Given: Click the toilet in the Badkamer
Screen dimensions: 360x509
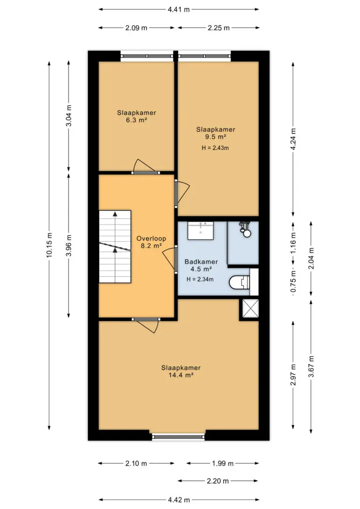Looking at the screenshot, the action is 240,282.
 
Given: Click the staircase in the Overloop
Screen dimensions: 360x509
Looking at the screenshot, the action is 115,247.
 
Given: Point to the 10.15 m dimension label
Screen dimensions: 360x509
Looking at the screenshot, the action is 49,246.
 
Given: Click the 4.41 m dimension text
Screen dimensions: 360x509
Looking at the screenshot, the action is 179,9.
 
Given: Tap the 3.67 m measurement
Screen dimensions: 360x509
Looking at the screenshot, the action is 311,367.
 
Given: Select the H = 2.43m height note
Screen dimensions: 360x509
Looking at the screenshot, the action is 215,148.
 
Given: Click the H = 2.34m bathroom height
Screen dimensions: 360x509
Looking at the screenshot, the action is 200,279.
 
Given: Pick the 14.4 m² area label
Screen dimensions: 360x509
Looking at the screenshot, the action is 181,375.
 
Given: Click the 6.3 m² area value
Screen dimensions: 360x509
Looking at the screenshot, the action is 137,120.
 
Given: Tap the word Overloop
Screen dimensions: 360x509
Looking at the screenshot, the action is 151,239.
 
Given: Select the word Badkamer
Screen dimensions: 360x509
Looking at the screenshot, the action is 201,262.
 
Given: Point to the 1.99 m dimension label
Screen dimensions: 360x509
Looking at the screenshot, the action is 223,463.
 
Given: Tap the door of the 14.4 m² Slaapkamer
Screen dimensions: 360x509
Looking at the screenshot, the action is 145,326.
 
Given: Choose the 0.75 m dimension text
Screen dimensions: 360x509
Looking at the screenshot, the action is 293,282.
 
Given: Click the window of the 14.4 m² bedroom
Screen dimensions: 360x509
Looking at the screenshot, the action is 178,437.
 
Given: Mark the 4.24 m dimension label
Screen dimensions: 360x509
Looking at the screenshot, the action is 293,139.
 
